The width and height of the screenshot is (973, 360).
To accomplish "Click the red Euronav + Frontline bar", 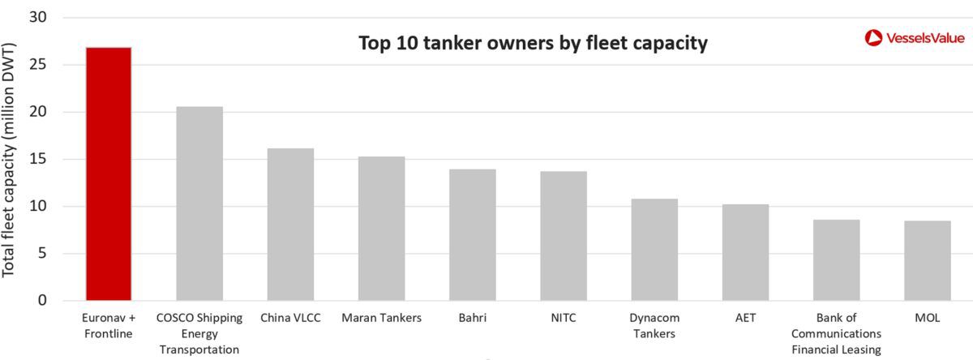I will click(x=109, y=174).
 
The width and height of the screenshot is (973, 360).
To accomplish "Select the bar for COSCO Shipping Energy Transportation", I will click(x=199, y=204).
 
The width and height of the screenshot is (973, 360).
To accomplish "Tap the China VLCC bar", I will click(x=290, y=225).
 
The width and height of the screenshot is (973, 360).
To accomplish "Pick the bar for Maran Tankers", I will click(x=381, y=229).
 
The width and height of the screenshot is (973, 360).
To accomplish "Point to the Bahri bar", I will click(x=473, y=235).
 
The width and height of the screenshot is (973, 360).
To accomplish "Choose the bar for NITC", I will click(x=564, y=236).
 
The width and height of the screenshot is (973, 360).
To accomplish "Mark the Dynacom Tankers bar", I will click(x=654, y=250).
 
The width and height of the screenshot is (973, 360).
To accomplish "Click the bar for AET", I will click(x=745, y=252).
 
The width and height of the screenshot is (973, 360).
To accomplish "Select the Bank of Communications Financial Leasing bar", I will click(x=836, y=260).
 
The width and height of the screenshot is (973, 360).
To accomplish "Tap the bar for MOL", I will click(x=928, y=261).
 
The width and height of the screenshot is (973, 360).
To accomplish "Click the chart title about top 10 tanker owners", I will click(x=534, y=43).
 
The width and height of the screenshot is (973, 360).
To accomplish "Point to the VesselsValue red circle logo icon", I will click(x=873, y=37).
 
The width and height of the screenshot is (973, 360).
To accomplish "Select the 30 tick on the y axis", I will click(x=38, y=17).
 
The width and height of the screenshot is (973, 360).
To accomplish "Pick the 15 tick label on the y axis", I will click(x=38, y=159).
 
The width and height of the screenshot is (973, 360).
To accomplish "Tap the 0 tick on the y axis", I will click(x=42, y=301).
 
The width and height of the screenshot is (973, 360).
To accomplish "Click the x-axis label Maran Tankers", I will click(x=381, y=318).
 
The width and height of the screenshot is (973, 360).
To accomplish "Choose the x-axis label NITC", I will click(x=564, y=318).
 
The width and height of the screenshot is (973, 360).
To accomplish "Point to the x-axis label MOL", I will click(x=927, y=318).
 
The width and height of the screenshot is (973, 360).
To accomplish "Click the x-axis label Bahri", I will click(x=473, y=318).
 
